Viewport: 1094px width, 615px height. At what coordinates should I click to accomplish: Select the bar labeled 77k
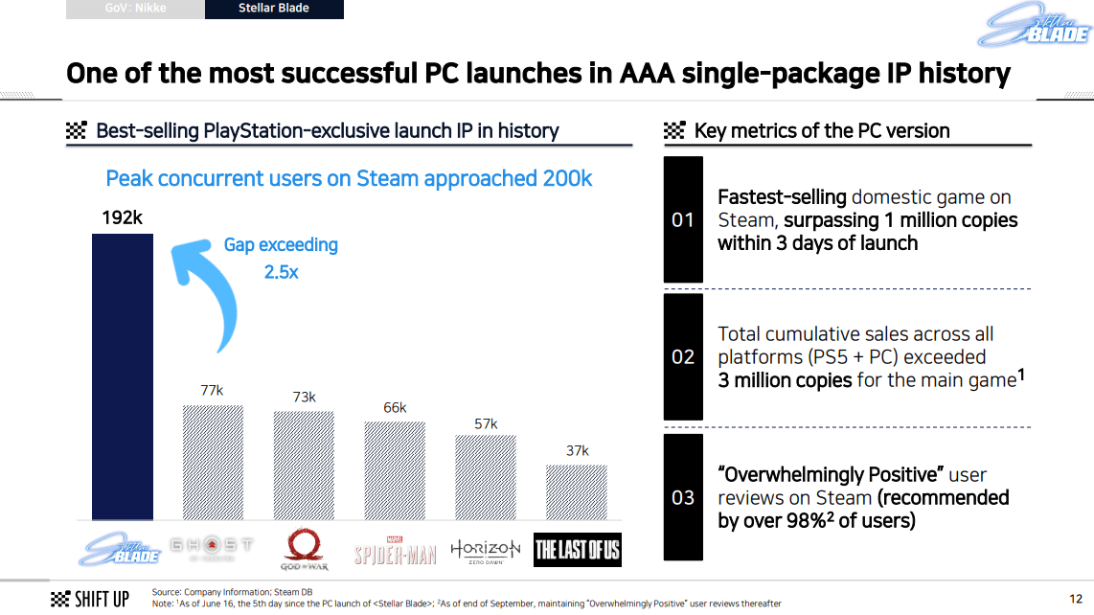pos(213,461)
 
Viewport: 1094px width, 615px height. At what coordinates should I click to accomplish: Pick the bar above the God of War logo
pos(304,465)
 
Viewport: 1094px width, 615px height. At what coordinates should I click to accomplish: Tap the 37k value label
pos(577,450)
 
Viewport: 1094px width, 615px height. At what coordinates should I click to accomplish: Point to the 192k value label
pos(122,218)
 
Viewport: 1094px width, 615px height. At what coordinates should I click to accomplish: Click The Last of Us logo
pos(577,549)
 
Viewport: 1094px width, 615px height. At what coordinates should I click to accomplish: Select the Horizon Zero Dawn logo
pos(486,550)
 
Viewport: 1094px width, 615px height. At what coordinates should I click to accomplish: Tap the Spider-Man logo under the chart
pos(395,551)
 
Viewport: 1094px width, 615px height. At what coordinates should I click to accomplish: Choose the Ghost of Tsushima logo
pos(212,547)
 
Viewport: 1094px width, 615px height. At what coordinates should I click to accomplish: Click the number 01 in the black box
pos(682,220)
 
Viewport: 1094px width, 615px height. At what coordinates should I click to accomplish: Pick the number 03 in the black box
pos(682,497)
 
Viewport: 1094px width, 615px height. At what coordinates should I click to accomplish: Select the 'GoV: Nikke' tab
pos(135,10)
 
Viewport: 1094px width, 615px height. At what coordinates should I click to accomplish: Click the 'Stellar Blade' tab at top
pos(274,10)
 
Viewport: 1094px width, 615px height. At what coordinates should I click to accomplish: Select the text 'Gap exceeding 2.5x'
pos(281,258)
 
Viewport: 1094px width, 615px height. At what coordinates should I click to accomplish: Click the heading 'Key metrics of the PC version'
pos(821,131)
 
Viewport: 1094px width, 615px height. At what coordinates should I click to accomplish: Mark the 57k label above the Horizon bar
pos(486,423)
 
